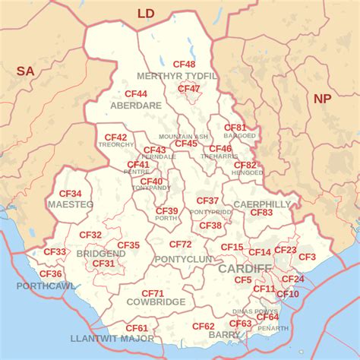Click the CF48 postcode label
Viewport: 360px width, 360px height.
184,65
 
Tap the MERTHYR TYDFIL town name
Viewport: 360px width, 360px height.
177,76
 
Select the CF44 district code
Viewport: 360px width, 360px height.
136,93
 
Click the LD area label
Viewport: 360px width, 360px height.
146,13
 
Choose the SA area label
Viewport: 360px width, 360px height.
25,71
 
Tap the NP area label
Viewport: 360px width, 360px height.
323,98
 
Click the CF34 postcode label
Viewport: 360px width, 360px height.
71,194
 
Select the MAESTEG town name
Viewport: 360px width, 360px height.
71,205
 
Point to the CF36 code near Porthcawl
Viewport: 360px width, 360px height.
50,273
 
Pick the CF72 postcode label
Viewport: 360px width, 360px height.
181,245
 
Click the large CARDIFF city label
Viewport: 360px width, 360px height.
245,269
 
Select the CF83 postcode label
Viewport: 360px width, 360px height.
261,213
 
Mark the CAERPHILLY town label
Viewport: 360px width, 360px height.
262,204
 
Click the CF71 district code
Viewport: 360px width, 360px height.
153,293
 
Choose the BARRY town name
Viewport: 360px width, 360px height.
224,334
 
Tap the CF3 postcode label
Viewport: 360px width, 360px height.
307,257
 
